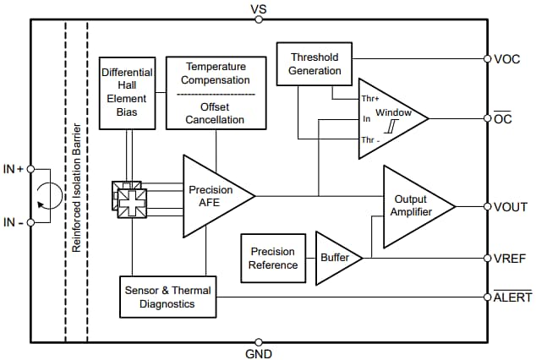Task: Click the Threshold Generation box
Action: point(314,64)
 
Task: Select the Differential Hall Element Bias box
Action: point(127,93)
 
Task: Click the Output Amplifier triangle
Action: point(413,205)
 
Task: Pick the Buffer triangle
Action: point(336,257)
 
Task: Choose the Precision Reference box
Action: point(273,258)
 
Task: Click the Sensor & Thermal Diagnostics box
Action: point(166,297)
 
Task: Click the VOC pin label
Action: point(507,59)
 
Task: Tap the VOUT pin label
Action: point(511,206)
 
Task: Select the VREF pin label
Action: point(511,258)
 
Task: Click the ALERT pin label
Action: point(513,297)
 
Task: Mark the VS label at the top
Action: point(260,9)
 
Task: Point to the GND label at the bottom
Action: point(260,353)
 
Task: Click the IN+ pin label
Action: point(14,169)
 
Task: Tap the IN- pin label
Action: point(14,223)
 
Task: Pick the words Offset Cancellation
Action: point(216,113)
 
